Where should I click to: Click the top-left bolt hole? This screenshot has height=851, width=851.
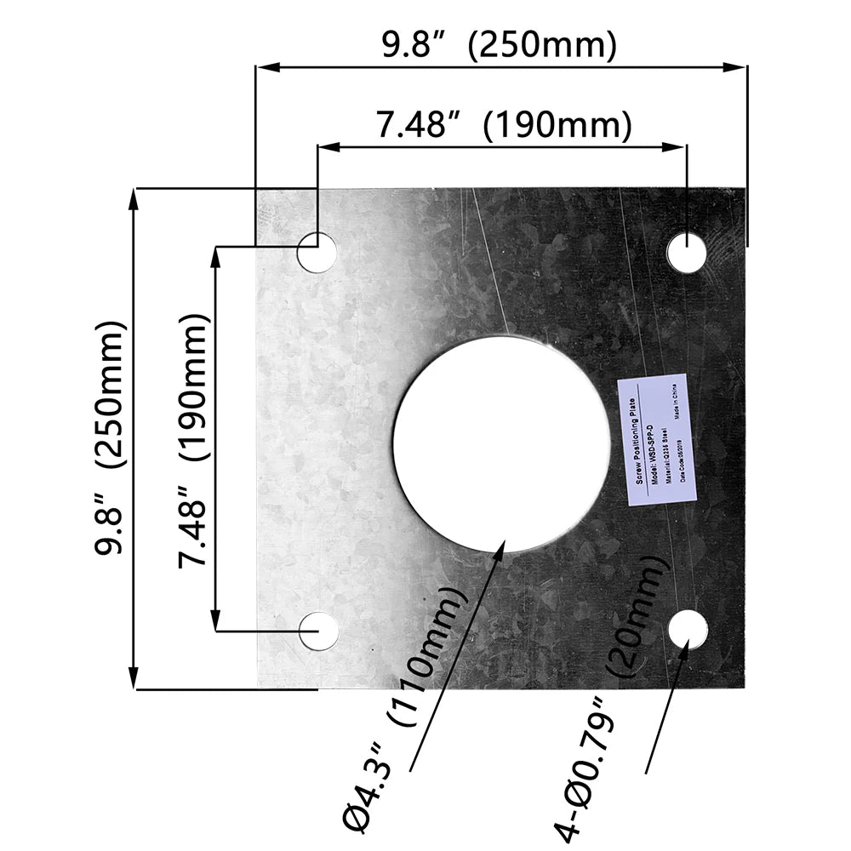point(317,253)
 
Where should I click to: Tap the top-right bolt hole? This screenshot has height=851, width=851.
point(687,253)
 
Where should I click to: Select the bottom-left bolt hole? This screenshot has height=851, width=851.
point(318,631)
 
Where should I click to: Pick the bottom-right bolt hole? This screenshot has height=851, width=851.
point(688,630)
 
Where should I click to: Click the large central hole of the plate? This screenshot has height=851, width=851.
point(501,443)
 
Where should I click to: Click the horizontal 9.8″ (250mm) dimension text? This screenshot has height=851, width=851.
point(498,45)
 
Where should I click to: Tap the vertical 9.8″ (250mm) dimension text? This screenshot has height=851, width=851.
point(111,437)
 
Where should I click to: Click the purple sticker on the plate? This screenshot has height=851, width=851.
point(657,437)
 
